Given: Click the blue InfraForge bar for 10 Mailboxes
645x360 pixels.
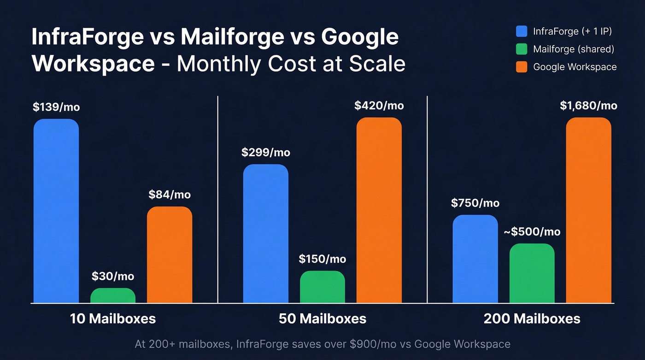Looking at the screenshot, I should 56,211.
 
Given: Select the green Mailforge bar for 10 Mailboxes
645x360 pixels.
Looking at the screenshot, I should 113,295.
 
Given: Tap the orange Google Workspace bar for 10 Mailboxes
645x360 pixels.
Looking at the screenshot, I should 170,255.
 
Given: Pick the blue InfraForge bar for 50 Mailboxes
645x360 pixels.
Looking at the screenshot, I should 266,234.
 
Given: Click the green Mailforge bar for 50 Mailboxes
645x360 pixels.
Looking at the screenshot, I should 322,287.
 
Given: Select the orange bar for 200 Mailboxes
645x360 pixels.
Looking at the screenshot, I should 589,210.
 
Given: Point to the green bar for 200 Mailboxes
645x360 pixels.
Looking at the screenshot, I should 532,273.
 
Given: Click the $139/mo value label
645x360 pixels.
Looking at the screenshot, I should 56,107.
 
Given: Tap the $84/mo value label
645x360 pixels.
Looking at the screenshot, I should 170,195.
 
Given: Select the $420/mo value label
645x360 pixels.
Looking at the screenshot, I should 379,106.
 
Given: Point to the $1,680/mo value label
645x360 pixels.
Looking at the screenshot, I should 588,106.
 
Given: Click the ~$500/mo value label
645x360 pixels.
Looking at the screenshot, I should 532,232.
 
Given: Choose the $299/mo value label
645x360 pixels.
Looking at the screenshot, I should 266,153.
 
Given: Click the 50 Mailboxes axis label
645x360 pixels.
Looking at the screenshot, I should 322,319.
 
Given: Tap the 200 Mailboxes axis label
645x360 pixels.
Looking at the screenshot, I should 532,319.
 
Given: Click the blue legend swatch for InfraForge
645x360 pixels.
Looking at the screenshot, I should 522,31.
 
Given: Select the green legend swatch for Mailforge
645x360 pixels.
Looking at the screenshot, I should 522,49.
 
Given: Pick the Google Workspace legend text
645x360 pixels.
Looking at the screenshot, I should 575,67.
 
